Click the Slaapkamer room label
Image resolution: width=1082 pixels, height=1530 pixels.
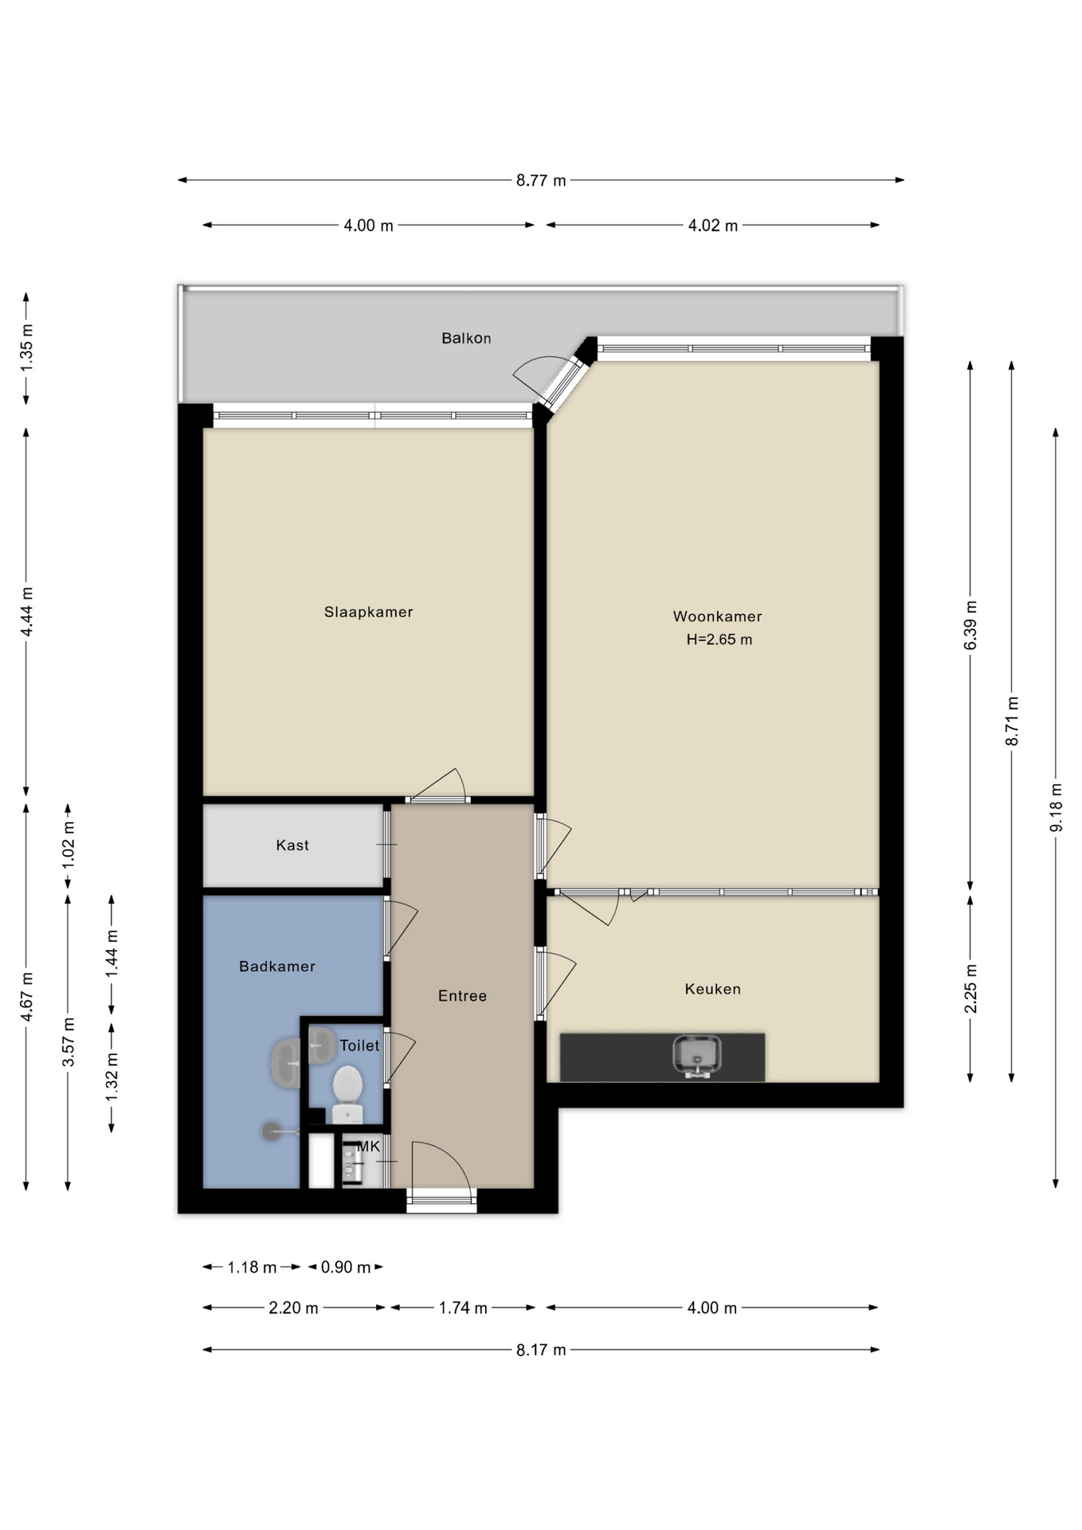[368, 612]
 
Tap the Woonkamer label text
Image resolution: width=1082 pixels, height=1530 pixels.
[717, 616]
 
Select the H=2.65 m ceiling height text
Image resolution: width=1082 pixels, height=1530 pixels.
[719, 639]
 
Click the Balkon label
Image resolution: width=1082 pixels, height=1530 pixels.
[466, 338]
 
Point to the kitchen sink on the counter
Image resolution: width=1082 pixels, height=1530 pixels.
[696, 1055]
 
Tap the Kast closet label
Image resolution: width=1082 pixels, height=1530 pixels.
[292, 845]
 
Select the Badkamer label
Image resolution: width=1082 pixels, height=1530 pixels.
[277, 966]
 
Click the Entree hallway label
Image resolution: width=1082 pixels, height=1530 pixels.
[462, 995]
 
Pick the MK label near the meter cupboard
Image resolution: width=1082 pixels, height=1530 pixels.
[369, 1146]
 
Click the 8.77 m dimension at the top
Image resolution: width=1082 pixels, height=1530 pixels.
[541, 180]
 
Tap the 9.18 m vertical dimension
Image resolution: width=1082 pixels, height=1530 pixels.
[1056, 807]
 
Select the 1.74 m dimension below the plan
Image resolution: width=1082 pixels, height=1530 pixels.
[463, 1308]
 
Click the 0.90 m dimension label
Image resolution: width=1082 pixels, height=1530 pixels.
[346, 1267]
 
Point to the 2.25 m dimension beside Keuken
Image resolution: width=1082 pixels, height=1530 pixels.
[970, 988]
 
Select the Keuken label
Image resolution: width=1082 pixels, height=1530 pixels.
[712, 989]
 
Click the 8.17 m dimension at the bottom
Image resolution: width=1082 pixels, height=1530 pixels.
[541, 1350]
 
